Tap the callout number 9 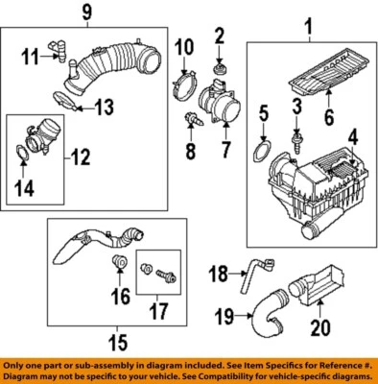pos(87,14)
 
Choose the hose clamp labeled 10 pos(186,90)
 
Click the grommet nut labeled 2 pos(219,68)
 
